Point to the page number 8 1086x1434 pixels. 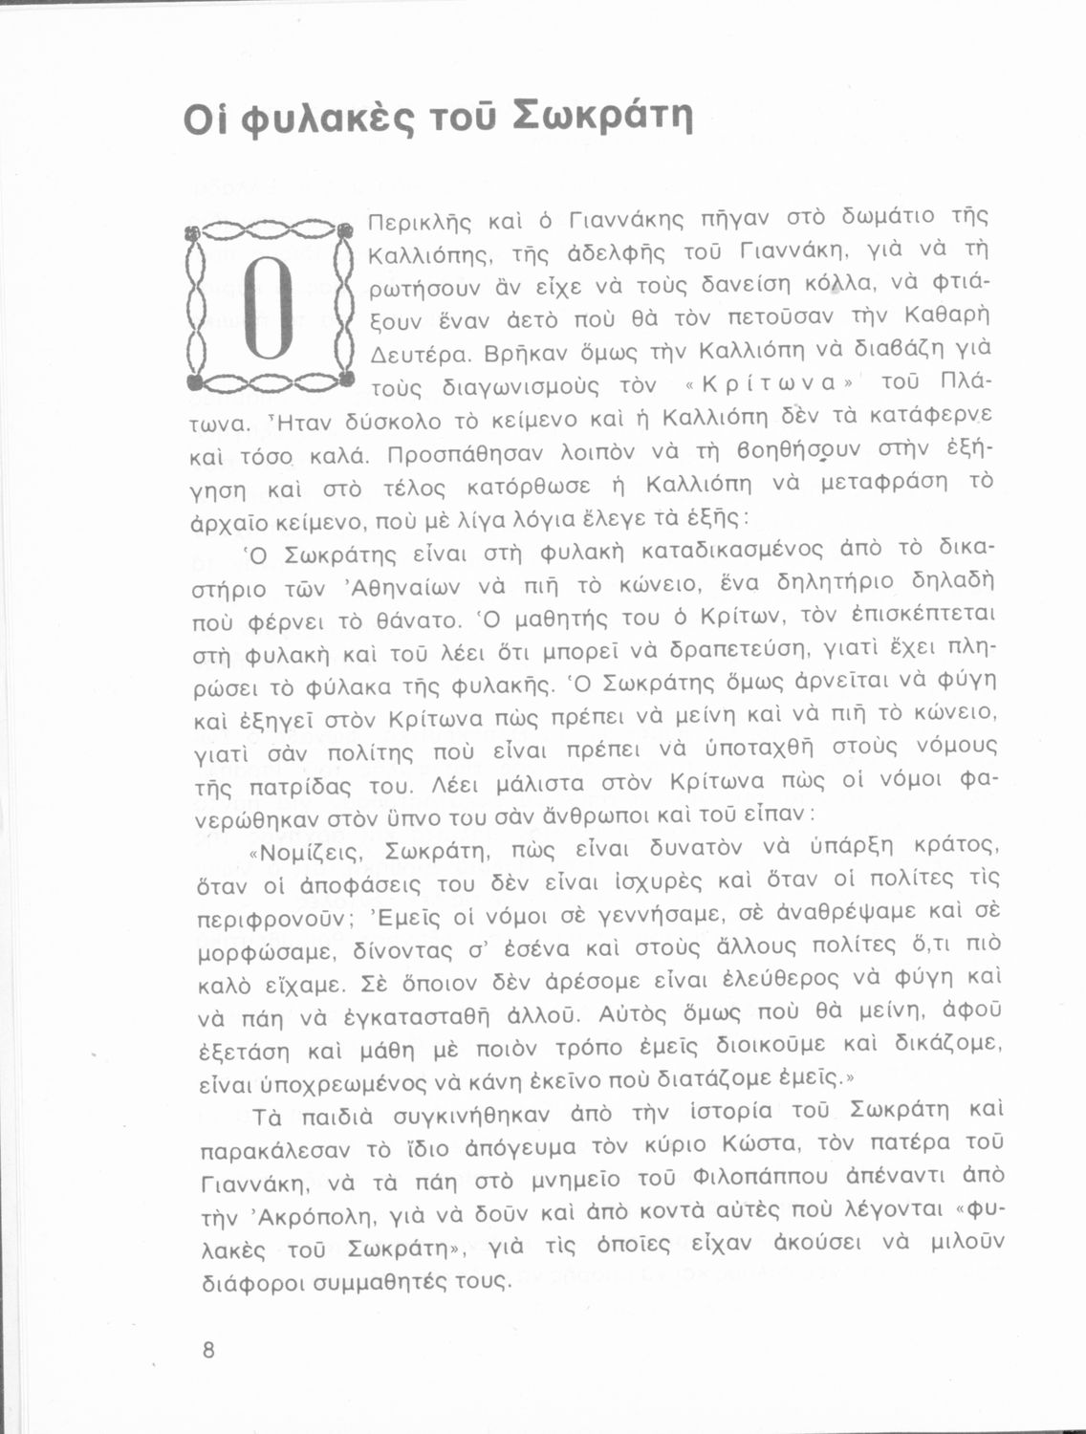[x=208, y=1350]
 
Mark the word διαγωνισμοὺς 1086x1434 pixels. [x=514, y=387]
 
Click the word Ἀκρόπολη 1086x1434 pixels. [x=318, y=1209]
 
